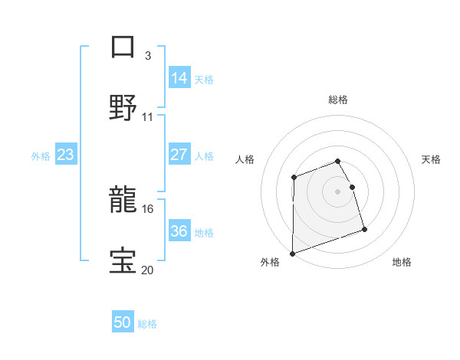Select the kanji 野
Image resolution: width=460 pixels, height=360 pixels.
[x=123, y=106]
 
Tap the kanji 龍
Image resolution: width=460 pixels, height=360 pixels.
[x=123, y=201]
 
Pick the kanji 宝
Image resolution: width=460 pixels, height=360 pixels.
[x=123, y=261]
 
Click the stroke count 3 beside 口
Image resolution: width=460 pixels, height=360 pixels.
[x=148, y=55]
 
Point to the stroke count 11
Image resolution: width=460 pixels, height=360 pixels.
[x=148, y=117]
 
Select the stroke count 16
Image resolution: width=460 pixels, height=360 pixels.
[x=148, y=208]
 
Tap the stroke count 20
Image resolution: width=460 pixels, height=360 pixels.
[x=148, y=269]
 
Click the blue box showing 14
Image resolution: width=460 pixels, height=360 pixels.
[x=179, y=78]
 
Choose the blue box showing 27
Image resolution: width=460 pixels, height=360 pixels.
[x=179, y=155]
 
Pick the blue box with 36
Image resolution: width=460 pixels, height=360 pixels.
[x=179, y=231]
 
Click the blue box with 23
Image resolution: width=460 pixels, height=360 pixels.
[x=66, y=155]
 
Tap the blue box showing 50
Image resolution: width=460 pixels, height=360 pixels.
[x=123, y=322]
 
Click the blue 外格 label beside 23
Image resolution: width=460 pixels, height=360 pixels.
[x=41, y=156]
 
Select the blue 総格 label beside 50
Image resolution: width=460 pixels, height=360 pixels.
[x=147, y=324]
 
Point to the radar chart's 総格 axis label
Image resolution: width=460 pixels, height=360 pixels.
[x=338, y=100]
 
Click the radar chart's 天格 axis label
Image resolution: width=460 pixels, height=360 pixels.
[x=432, y=159]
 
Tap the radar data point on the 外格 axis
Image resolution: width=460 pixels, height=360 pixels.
[x=293, y=253]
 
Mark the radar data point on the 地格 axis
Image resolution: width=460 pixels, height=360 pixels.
[x=364, y=229]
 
